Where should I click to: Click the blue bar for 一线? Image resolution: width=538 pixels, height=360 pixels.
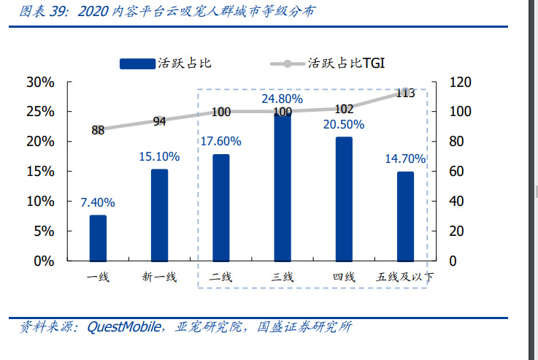tap(98, 238)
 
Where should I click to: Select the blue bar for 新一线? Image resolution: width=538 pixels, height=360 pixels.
tap(159, 215)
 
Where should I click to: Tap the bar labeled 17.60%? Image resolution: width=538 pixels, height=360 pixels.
tap(220, 207)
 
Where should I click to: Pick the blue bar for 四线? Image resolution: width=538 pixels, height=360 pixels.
tap(344, 199)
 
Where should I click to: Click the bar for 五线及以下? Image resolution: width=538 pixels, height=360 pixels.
tap(405, 216)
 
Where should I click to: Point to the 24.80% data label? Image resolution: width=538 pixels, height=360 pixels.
tap(283, 98)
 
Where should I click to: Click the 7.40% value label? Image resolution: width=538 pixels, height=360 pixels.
tap(98, 202)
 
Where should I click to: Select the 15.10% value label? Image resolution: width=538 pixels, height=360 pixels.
tap(159, 156)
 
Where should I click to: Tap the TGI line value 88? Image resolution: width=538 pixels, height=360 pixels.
tap(98, 130)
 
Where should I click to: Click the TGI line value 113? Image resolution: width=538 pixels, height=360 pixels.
tap(405, 93)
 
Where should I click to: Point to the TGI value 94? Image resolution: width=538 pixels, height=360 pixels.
tap(159, 121)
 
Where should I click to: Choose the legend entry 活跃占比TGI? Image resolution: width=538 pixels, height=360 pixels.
tap(343, 64)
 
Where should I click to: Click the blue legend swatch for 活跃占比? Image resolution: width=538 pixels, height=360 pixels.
tap(137, 64)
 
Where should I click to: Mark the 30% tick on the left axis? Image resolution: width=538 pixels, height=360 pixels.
tap(40, 82)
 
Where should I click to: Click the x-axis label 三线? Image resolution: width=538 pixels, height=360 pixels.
tap(283, 277)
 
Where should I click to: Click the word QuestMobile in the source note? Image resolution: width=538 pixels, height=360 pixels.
tap(123, 327)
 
